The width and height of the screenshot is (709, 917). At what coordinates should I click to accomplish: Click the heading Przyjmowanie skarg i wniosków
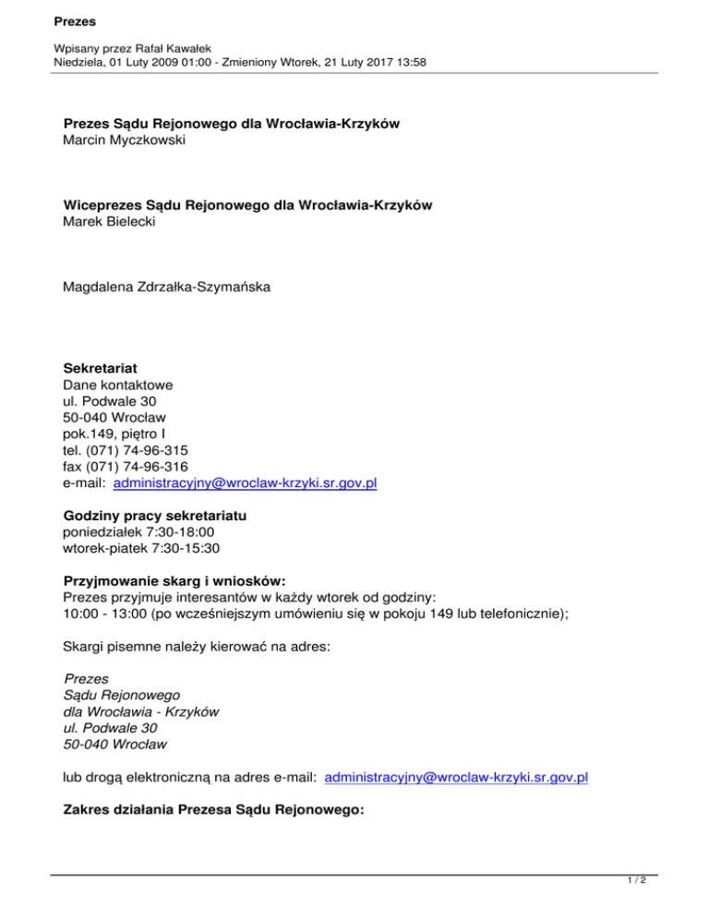(x=174, y=581)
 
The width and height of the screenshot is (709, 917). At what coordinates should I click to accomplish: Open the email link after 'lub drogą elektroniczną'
(x=458, y=778)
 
